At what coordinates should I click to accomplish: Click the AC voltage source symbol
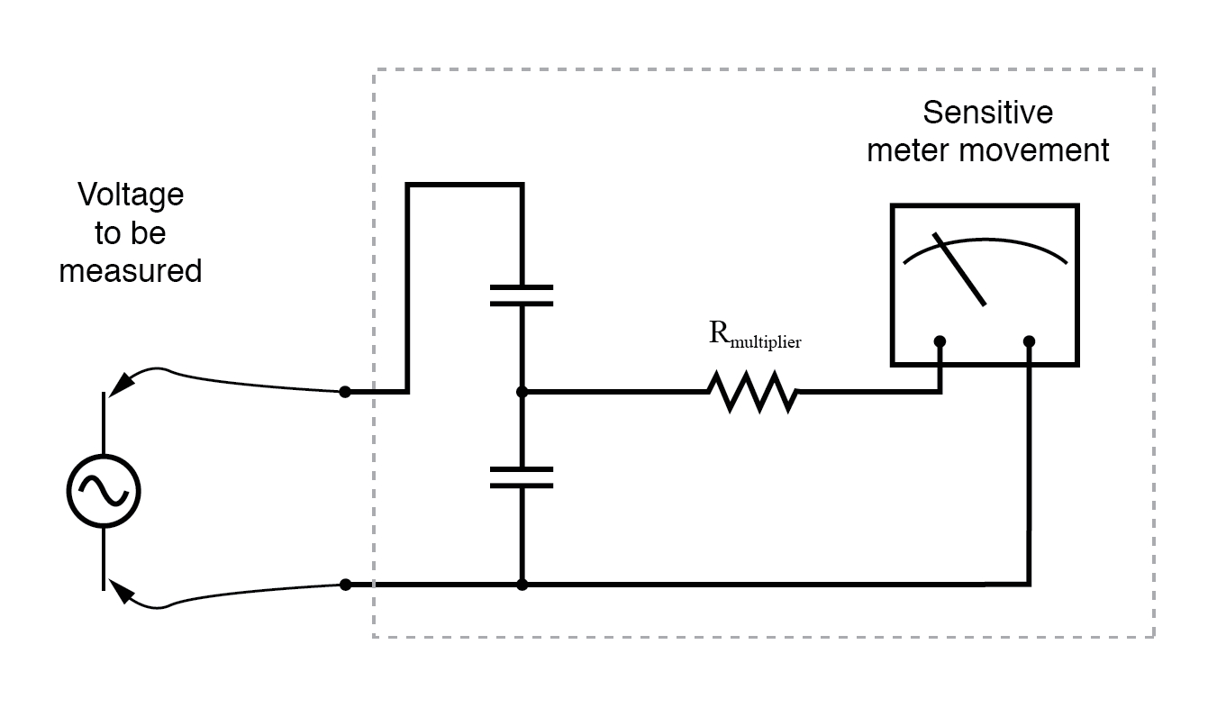(104, 491)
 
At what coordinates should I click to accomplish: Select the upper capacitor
(522, 295)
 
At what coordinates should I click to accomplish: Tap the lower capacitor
(522, 477)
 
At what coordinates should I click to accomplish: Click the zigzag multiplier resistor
(752, 393)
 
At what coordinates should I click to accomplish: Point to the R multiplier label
(755, 336)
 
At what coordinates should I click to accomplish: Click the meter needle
(960, 269)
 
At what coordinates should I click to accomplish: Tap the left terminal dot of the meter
(940, 341)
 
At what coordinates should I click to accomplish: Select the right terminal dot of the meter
(1030, 341)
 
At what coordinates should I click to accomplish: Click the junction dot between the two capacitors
(522, 393)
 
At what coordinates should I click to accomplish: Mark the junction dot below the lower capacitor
(522, 585)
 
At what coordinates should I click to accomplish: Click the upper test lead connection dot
(345, 393)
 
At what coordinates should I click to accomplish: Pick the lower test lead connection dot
(345, 585)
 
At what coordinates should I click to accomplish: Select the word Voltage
(131, 195)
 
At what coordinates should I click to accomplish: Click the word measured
(131, 270)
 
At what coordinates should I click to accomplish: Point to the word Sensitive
(987, 113)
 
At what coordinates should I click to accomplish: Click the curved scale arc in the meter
(985, 244)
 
